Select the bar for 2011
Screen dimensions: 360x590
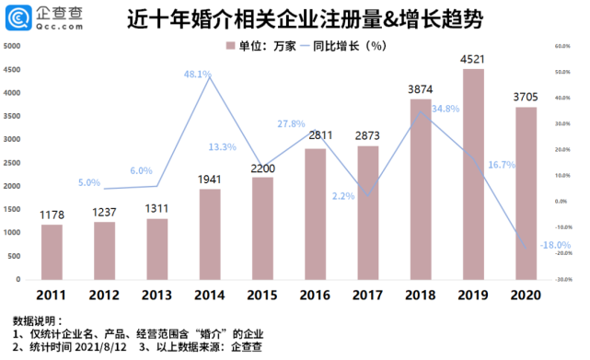[x=52, y=250]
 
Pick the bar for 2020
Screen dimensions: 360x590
[x=526, y=192]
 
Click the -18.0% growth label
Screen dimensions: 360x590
[x=552, y=245]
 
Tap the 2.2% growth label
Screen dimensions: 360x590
[x=342, y=195]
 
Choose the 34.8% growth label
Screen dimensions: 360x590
[x=445, y=109]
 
